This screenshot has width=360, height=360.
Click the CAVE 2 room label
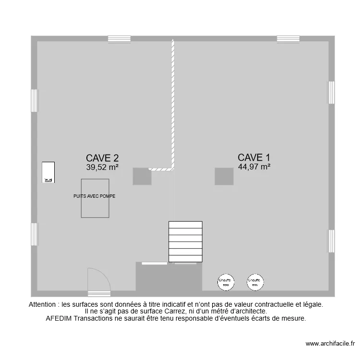(x=102, y=158)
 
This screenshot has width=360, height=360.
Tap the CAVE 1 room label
(x=254, y=157)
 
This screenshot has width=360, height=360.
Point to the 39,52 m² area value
(x=102, y=168)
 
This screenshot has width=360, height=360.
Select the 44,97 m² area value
(x=254, y=167)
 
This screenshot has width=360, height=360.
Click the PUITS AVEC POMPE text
(x=95, y=196)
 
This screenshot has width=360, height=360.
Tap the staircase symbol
(x=185, y=241)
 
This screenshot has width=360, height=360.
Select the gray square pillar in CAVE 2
(x=142, y=176)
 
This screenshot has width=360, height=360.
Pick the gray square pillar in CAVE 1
(x=224, y=176)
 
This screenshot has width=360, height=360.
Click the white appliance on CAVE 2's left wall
(x=48, y=172)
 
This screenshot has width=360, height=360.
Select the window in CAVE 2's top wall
(x=119, y=39)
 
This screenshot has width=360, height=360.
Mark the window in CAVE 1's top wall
(x=288, y=39)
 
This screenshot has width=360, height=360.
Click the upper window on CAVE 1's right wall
(x=331, y=92)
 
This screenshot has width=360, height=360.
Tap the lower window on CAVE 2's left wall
(x=34, y=234)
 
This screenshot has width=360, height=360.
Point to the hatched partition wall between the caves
(x=173, y=106)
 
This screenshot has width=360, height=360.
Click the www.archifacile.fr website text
(x=330, y=344)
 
